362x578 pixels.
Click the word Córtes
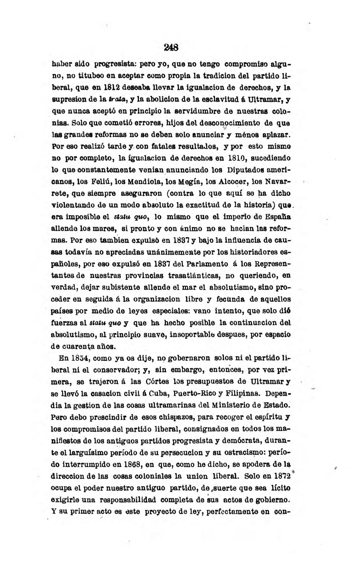pyautogui.click(x=157, y=382)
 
